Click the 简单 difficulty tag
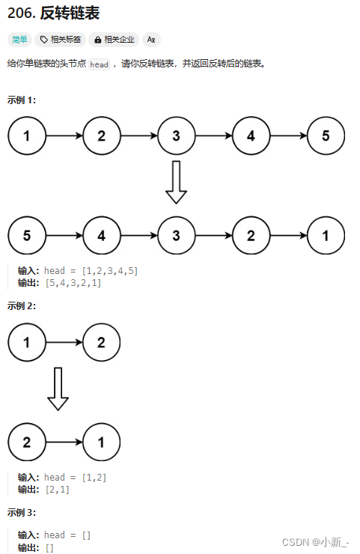pyautogui.click(x=19, y=40)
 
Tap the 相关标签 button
pyautogui.click(x=61, y=40)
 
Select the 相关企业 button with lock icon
pyautogui.click(x=114, y=40)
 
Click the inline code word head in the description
pyautogui.click(x=99, y=64)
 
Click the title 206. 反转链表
pyautogui.click(x=53, y=13)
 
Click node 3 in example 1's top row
pyautogui.click(x=177, y=136)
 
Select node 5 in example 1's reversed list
pyautogui.click(x=27, y=235)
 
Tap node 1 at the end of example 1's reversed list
pyautogui.click(x=326, y=235)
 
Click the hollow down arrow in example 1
pyautogui.click(x=176, y=183)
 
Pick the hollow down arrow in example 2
pyautogui.click(x=58, y=389)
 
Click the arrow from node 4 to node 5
pyautogui.click(x=289, y=136)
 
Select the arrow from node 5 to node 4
pyautogui.click(x=64, y=235)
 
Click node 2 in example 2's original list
pyautogui.click(x=101, y=342)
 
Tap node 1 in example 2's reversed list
pyautogui.click(x=101, y=442)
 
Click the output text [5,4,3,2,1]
pyautogui.click(x=73, y=283)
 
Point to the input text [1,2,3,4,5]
pyautogui.click(x=110, y=271)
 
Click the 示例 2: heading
pyautogui.click(x=22, y=306)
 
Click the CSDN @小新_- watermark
pyautogui.click(x=316, y=542)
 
